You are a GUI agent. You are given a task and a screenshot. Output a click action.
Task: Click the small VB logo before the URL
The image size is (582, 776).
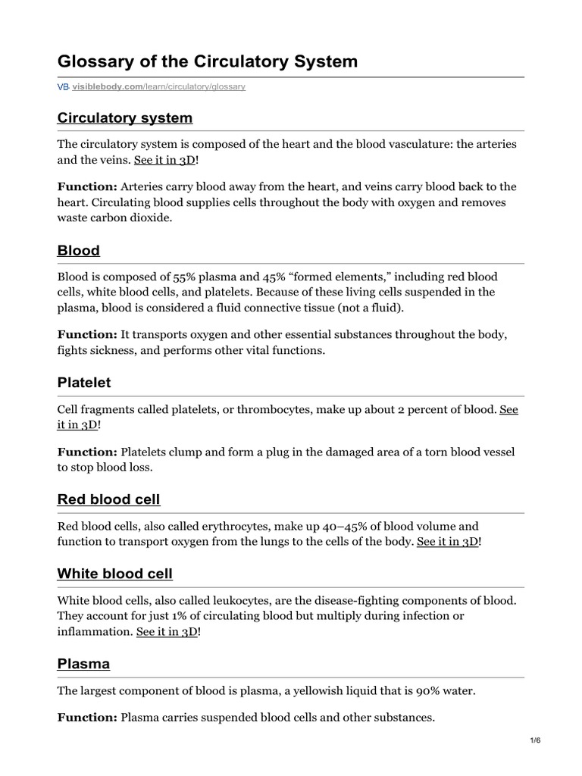(63, 87)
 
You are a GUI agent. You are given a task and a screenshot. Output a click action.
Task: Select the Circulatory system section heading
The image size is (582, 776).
(125, 117)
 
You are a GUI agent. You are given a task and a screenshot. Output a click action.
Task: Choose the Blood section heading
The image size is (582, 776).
(79, 250)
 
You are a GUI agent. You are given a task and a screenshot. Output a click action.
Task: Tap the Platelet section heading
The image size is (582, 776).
(84, 383)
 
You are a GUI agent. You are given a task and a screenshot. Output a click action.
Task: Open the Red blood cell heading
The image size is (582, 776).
(108, 499)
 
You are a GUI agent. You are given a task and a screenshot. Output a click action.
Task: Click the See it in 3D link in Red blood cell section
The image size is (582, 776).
(448, 542)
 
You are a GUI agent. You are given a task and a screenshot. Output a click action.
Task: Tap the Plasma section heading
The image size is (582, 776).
(83, 663)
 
